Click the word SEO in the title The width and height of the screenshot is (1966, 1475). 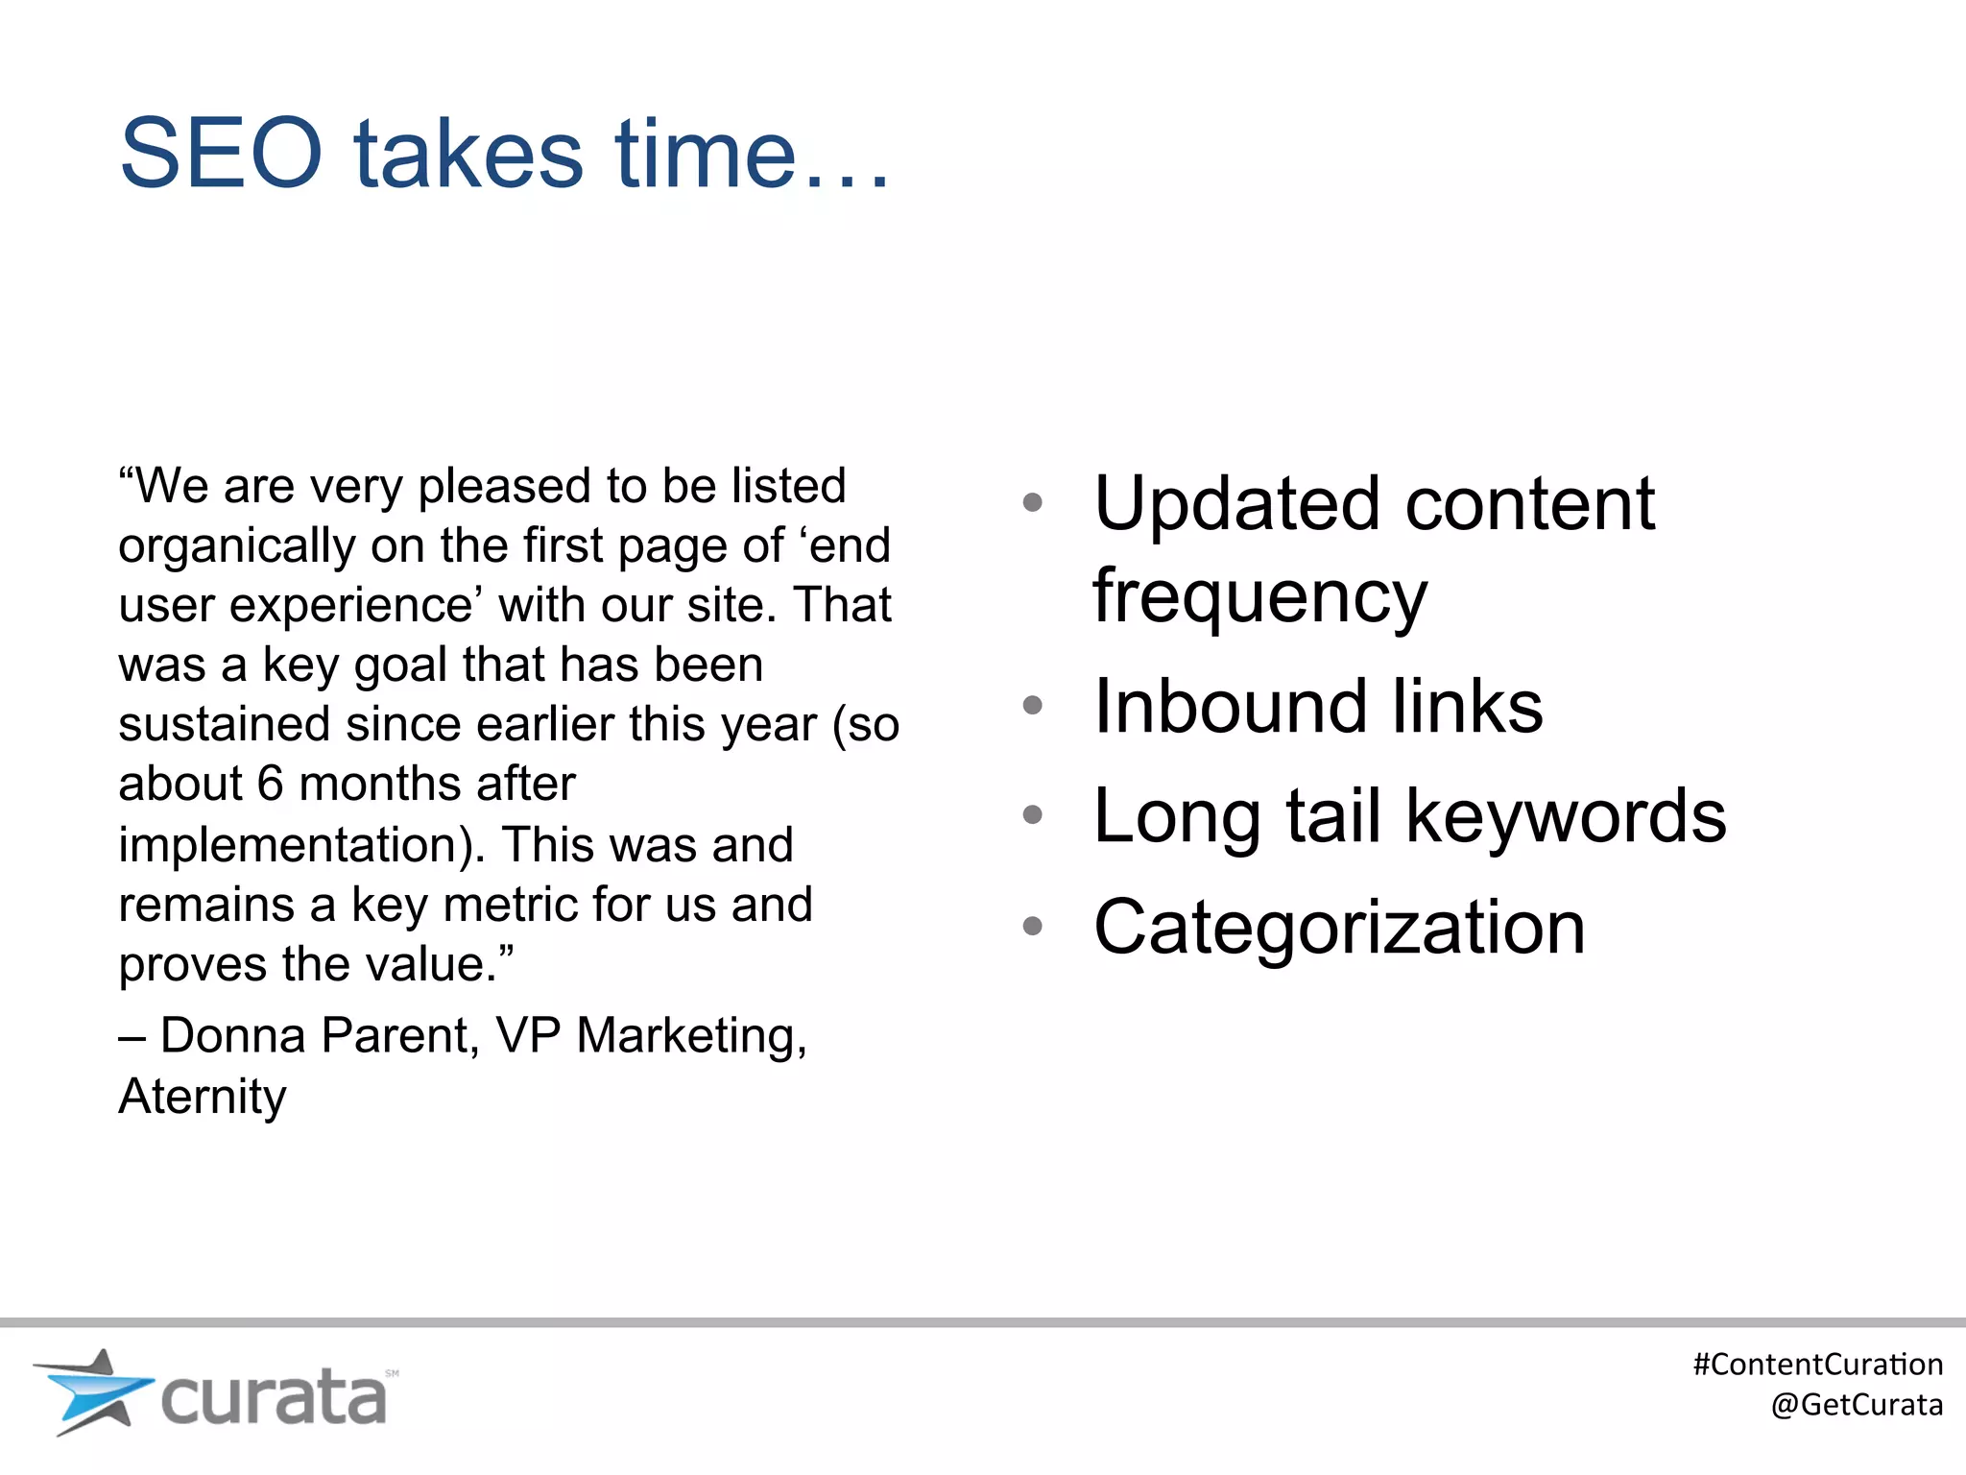[221, 154]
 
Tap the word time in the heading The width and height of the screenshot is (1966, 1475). [706, 154]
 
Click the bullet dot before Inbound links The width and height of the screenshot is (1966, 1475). [1033, 706]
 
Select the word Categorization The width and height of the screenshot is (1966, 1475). [1339, 928]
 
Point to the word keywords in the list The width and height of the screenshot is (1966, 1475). [1567, 816]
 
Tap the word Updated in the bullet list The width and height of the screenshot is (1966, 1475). [1238, 504]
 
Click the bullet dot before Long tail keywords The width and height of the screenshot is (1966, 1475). [1033, 815]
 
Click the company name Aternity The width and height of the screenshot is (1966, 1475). [203, 1097]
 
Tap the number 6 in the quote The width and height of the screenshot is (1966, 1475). [270, 784]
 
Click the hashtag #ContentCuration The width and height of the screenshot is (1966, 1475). [1817, 1365]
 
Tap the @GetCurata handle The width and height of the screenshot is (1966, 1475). [1856, 1405]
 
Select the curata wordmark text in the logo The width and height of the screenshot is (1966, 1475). [274, 1398]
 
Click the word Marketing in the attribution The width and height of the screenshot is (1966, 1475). [691, 1036]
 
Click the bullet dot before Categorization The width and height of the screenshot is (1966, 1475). [1033, 926]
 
